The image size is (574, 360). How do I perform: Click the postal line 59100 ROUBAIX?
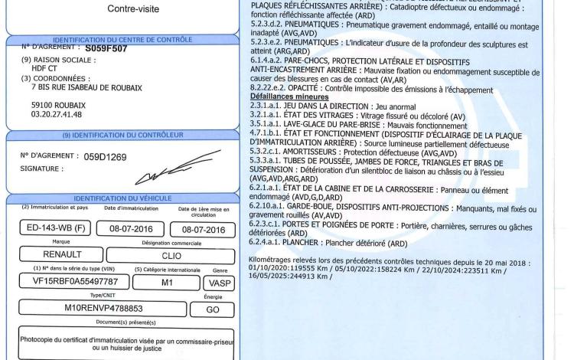pos(51,103)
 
